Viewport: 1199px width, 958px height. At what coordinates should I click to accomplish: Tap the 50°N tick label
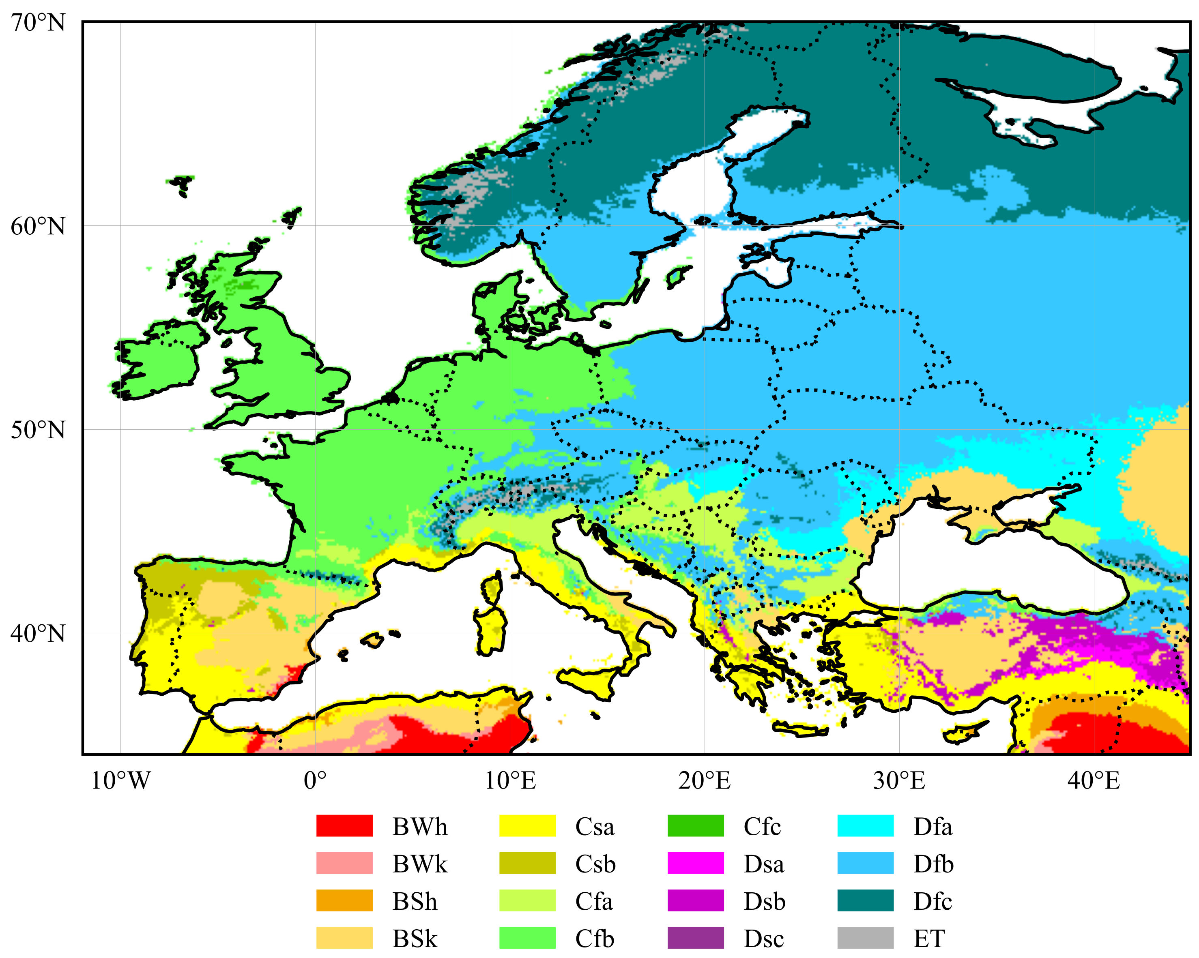[38, 430]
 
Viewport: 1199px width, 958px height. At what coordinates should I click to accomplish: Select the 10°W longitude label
[121, 781]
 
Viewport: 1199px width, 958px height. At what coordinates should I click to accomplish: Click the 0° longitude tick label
[315, 781]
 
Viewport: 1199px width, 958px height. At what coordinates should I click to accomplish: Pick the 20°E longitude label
[704, 781]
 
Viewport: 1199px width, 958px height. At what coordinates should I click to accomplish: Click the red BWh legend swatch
[344, 826]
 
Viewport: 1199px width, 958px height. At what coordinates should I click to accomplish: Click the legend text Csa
[595, 827]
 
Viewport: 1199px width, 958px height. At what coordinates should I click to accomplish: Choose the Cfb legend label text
[595, 939]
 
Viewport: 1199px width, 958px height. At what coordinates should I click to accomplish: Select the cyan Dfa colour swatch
[865, 826]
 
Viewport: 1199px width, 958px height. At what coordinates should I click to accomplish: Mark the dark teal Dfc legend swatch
[865, 901]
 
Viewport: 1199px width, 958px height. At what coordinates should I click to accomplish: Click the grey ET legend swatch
[865, 938]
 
